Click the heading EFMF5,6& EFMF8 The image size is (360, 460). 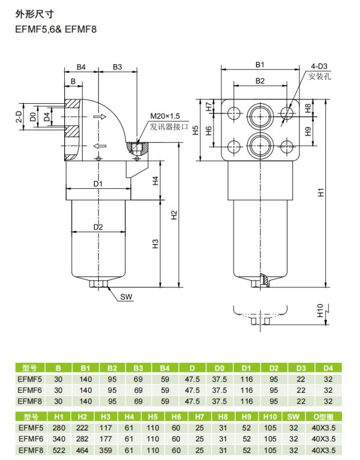pos(56,29)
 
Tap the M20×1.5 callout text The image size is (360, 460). pos(165,116)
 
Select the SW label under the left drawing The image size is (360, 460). pos(127,297)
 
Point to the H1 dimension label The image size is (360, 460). pos(321,192)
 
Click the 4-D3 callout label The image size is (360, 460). pos(319,67)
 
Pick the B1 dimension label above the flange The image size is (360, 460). pos(260,65)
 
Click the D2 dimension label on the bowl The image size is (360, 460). pos(98,227)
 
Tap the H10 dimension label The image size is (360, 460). pos(320,311)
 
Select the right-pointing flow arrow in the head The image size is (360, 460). pos(100,117)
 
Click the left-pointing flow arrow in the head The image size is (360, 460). pos(99,146)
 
